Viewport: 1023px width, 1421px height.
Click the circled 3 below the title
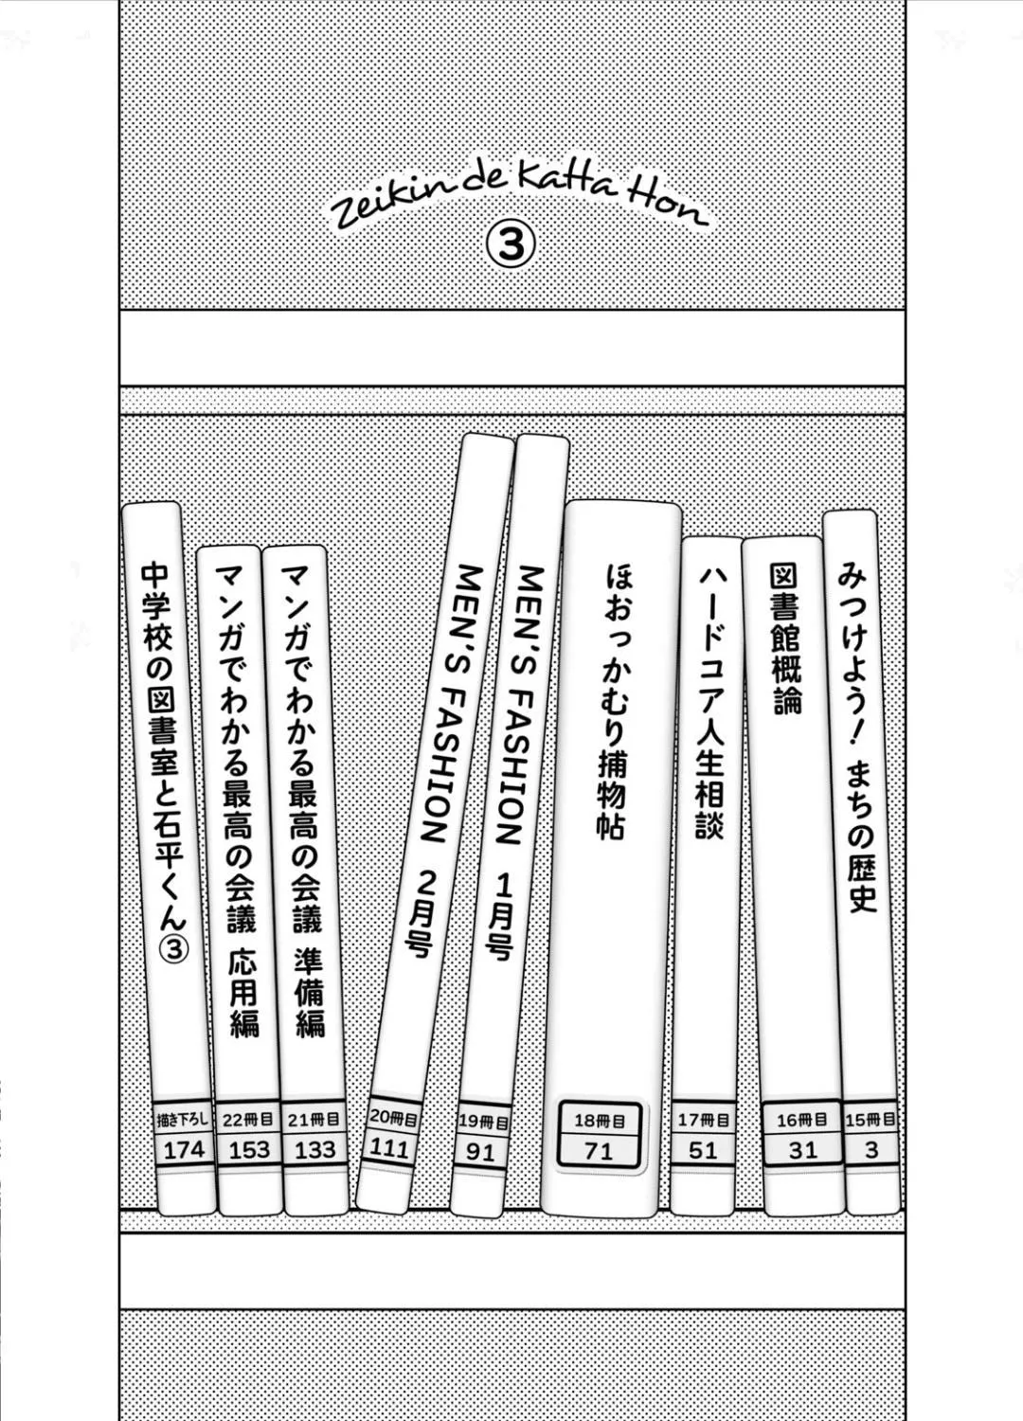click(511, 244)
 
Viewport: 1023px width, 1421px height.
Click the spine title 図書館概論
click(784, 639)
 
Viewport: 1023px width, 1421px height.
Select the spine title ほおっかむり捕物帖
click(612, 702)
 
